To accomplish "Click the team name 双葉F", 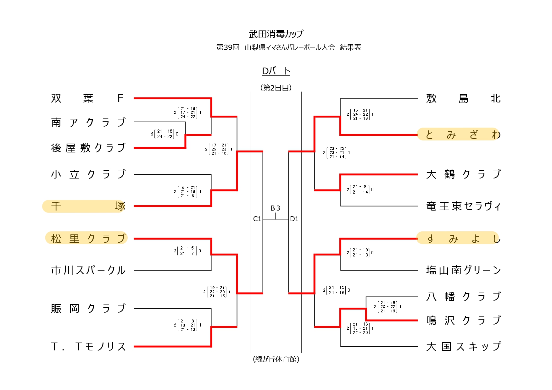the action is point(87,98).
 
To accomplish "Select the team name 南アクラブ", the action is point(88,122).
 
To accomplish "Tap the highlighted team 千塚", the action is point(84,206).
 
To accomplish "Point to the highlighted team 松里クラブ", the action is point(86,238).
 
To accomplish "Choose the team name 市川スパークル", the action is point(88,270).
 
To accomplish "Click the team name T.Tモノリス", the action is point(88,347).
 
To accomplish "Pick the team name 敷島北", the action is point(463,98).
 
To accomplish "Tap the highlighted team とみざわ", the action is point(459,134).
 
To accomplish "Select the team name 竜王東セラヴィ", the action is point(463,206).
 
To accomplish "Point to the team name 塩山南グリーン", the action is point(463,270).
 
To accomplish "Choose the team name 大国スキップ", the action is point(463,347).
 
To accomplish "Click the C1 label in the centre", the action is point(257,219).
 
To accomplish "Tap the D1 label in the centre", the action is point(294,219).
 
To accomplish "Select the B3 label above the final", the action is point(275,208).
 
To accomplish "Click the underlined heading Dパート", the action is point(276,71).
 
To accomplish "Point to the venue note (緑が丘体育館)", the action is point(276,359).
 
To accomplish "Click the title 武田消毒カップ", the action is point(276,34).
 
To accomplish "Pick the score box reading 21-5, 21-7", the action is point(187,250).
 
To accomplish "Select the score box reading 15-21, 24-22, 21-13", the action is point(360,114).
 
